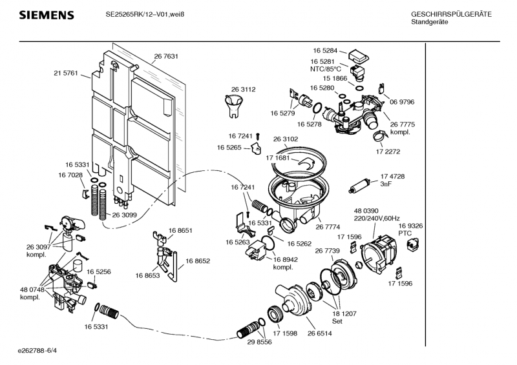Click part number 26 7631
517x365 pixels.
tap(166, 57)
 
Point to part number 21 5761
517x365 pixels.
tap(65, 74)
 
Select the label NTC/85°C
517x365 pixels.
tap(326, 68)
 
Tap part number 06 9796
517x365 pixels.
tap(401, 102)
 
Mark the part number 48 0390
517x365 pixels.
tap(366, 212)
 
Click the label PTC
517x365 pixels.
tap(405, 233)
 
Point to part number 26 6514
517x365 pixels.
tap(320, 333)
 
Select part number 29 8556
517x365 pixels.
tap(259, 342)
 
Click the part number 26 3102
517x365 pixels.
tap(286, 139)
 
